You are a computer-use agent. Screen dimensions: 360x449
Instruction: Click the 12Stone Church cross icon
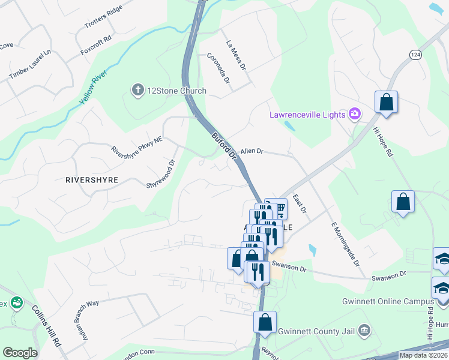tap(137, 91)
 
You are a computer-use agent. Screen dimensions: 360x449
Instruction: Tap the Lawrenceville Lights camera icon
tap(355, 114)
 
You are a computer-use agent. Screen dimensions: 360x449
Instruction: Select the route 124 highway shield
tap(415, 55)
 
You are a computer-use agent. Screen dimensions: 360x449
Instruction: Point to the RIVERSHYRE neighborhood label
tap(92, 179)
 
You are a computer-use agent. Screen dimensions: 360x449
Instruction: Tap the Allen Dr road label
tap(252, 152)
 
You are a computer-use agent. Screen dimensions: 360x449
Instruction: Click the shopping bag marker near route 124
tap(387, 101)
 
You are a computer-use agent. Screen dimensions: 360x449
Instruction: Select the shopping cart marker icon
tap(279, 208)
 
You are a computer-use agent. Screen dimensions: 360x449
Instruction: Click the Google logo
tap(20, 353)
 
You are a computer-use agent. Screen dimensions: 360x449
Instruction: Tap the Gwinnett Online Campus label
tap(388, 301)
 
